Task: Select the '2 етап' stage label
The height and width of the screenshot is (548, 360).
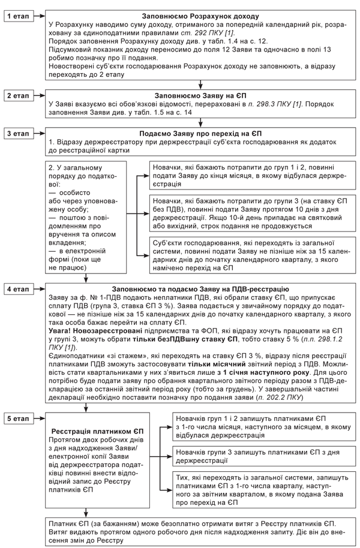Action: (x=19, y=95)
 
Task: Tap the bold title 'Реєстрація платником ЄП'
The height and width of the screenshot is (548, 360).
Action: (x=88, y=431)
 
